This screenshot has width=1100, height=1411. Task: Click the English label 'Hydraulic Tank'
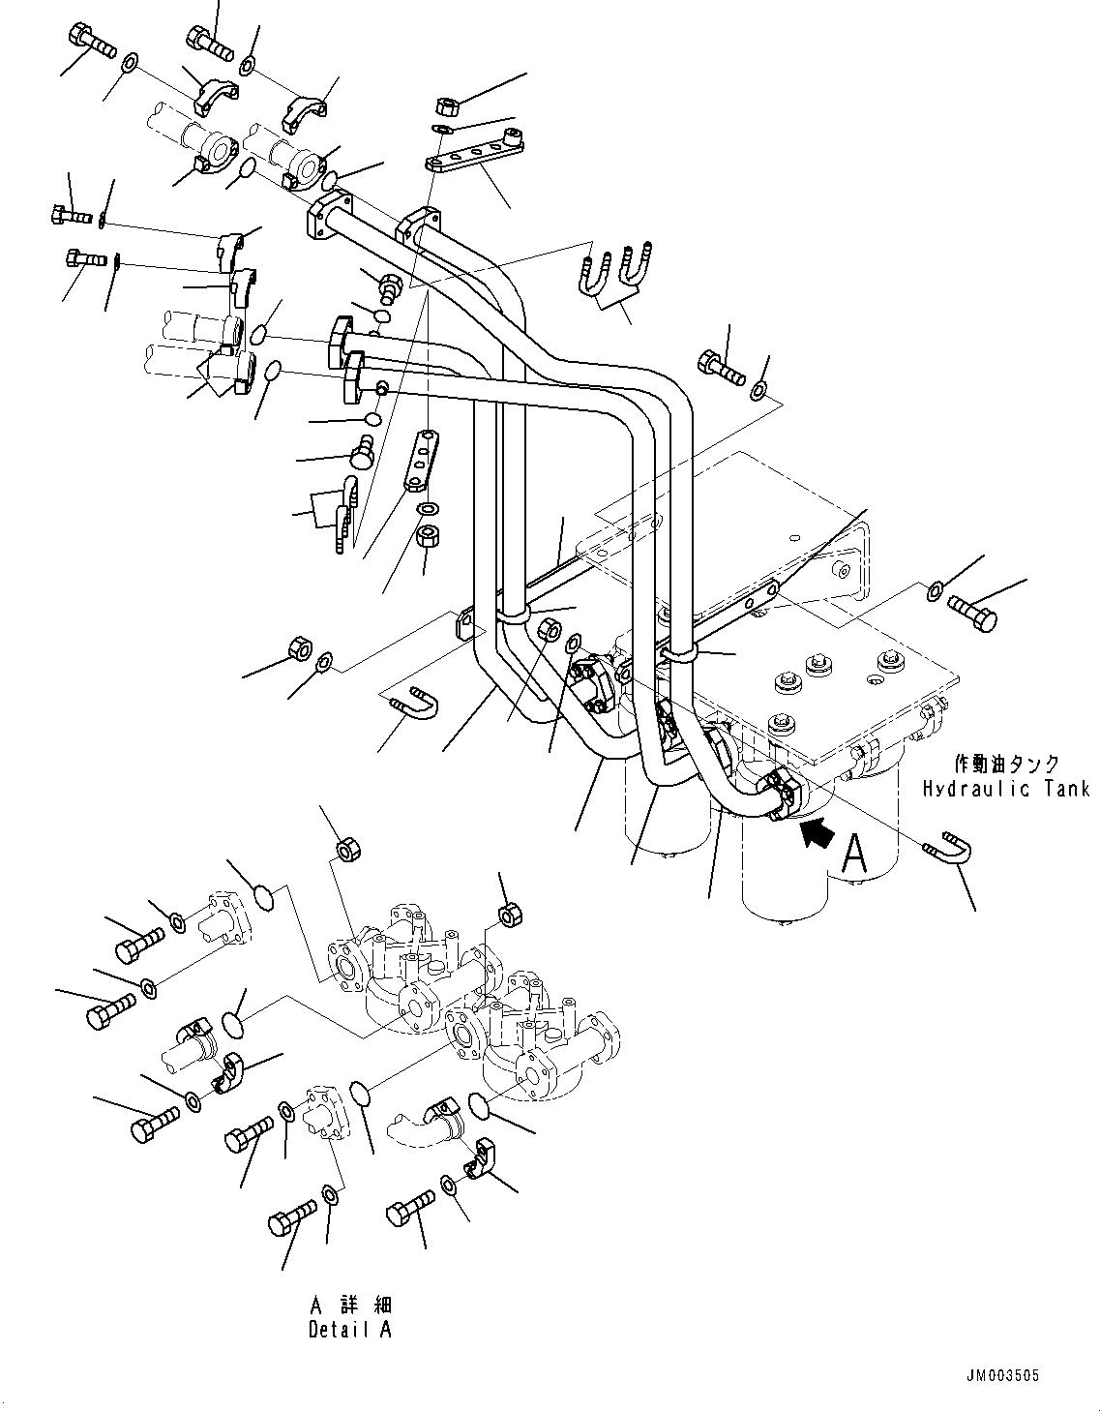pyautogui.click(x=1005, y=789)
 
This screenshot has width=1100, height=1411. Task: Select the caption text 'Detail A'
pyautogui.click(x=350, y=1329)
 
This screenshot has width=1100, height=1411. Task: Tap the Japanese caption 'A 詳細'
pyautogui.click(x=350, y=1306)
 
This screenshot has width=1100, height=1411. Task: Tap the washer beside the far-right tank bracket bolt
pyautogui.click(x=935, y=590)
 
